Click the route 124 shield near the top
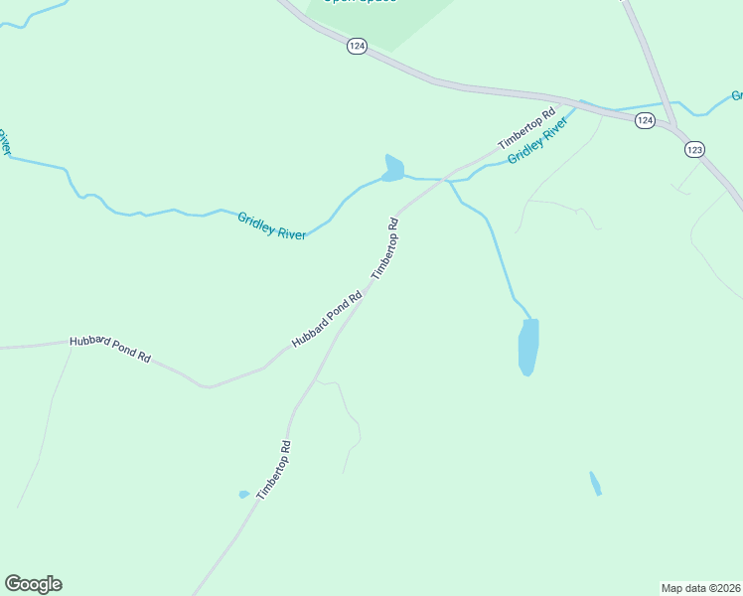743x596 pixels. [x=358, y=47]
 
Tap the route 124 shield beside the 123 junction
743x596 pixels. [x=645, y=120]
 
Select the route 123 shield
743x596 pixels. [x=693, y=148]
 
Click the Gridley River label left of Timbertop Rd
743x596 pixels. [x=271, y=224]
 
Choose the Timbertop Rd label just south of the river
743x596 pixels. [x=385, y=248]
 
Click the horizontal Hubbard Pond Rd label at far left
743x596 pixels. [x=109, y=349]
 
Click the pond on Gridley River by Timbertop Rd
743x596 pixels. [x=393, y=168]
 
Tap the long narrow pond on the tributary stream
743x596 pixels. [x=528, y=347]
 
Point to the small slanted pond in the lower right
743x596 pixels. [x=595, y=484]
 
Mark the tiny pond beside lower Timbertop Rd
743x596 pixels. [x=243, y=494]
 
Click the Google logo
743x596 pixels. [x=33, y=584]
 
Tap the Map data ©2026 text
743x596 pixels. [x=699, y=588]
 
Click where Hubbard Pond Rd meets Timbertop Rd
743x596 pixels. [x=365, y=289]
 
